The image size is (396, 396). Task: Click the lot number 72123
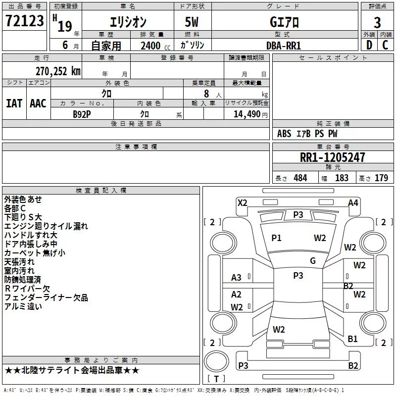point(24,20)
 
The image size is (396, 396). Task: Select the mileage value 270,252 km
point(58,71)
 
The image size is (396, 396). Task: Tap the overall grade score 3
point(377,22)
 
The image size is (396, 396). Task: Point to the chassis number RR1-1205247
point(332,157)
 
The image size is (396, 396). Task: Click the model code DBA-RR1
point(284,46)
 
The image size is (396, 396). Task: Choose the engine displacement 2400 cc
point(155,46)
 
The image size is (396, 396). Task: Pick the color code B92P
point(82,114)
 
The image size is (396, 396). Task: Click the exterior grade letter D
point(369,45)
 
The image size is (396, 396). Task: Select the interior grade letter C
point(385,45)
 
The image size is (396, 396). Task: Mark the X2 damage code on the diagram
point(243,203)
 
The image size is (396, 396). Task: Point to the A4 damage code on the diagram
point(353,203)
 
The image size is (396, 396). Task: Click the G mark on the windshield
point(313,261)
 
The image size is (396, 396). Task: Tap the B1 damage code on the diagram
point(352,339)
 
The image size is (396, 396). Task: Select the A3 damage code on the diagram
point(236,278)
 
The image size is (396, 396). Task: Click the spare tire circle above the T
point(216,362)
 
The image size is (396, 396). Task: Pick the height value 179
point(381,178)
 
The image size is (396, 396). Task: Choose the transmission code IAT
point(14,103)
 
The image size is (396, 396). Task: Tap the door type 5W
point(192,22)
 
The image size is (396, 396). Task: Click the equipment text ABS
point(284,133)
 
